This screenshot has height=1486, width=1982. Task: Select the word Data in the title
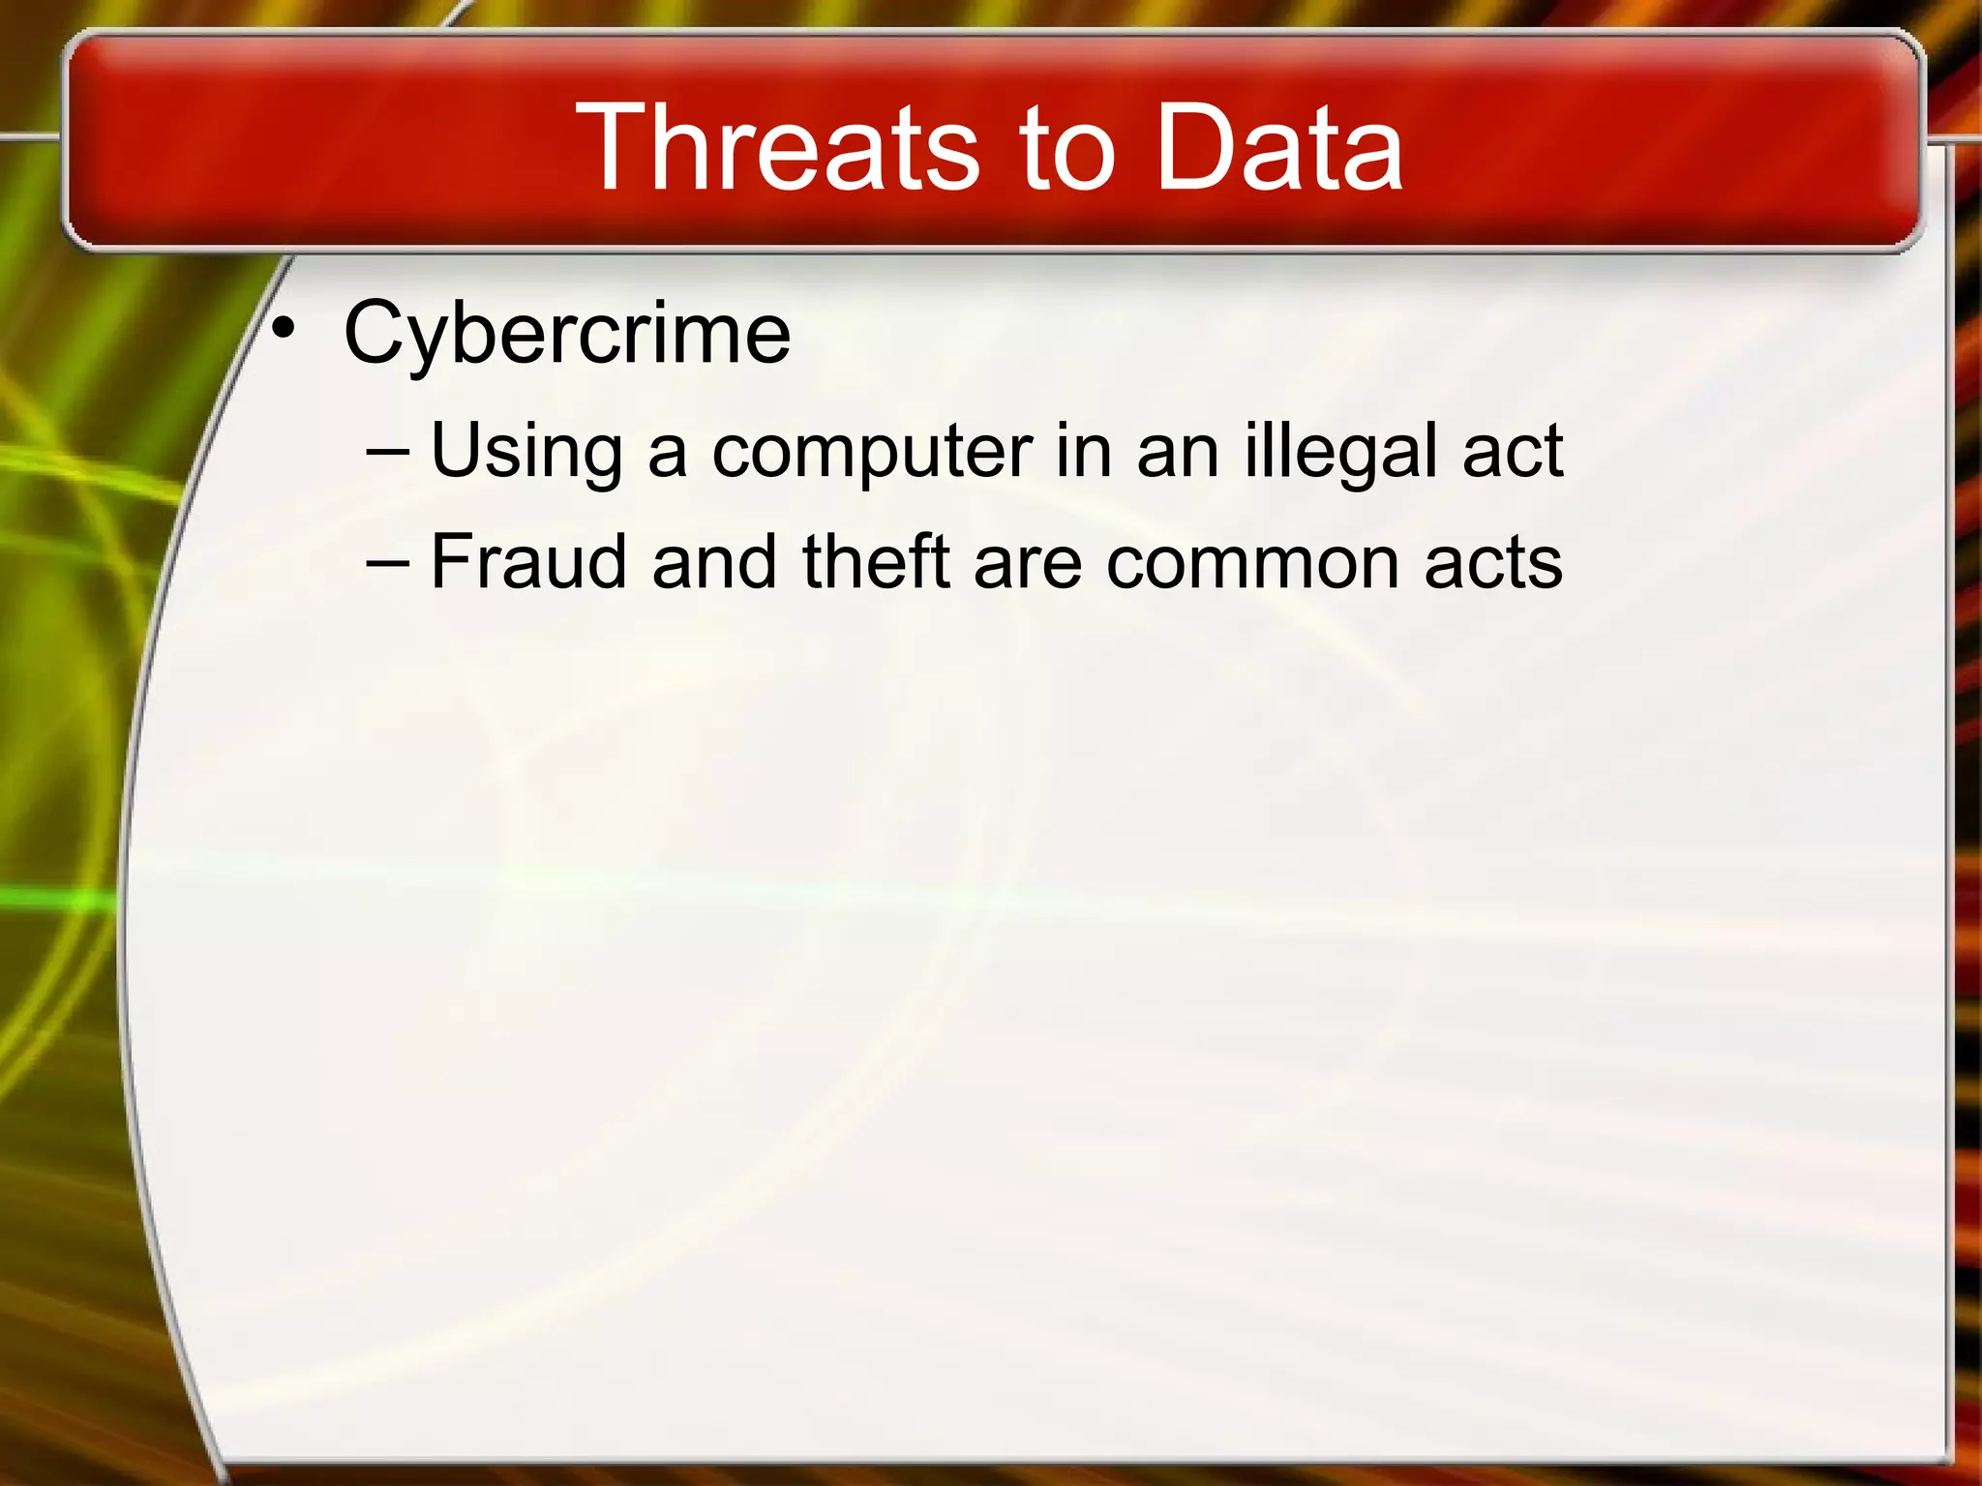coord(1278,148)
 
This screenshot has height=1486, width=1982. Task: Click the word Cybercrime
coord(567,334)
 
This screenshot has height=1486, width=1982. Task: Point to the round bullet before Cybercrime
coord(283,329)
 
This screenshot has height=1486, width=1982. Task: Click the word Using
coord(526,452)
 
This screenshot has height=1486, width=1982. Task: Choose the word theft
coord(876,562)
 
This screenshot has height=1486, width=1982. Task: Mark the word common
coord(1252,564)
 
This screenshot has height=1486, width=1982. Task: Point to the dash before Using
coord(388,451)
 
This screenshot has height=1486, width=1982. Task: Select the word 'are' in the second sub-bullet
coord(1028,564)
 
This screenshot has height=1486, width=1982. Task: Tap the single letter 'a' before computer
coord(668,454)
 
